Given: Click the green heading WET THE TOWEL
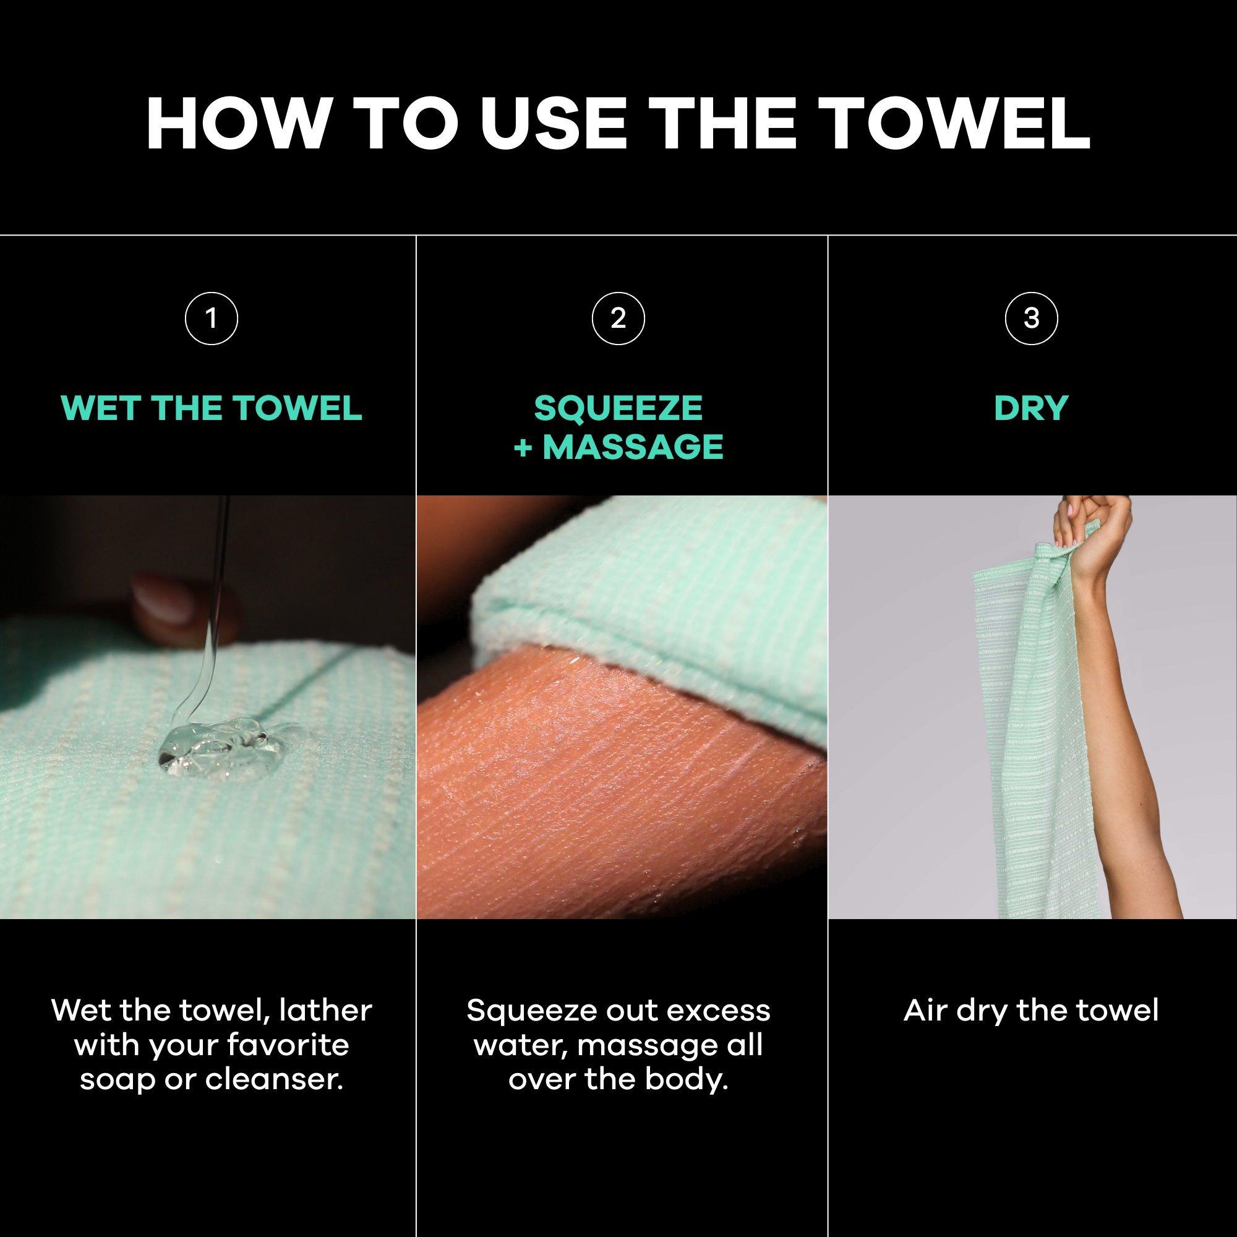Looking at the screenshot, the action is tap(212, 408).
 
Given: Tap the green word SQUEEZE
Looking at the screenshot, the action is tap(618, 408).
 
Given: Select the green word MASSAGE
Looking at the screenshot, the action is tap(633, 447).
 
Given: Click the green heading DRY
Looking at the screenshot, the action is tap(1032, 408).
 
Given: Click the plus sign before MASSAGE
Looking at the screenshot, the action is tap(523, 447).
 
